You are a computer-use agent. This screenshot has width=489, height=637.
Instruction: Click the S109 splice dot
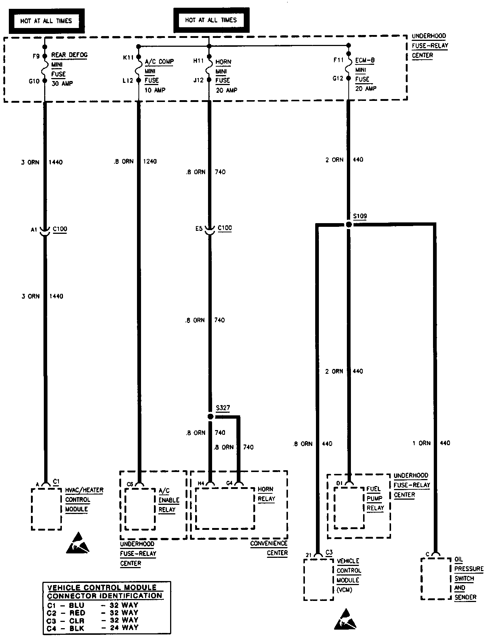pos(349,224)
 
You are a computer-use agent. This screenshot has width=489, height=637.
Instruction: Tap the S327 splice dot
pos(210,416)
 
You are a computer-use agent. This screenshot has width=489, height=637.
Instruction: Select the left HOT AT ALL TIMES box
pos(46,21)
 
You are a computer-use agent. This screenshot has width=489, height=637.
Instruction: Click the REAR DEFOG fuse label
pos(69,55)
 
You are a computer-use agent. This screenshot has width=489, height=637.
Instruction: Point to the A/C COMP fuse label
pos(159,61)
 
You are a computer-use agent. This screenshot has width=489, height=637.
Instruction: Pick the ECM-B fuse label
pos(365,60)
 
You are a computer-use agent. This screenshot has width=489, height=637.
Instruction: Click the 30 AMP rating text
pos(62,84)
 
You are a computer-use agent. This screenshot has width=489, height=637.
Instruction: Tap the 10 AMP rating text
pos(155,90)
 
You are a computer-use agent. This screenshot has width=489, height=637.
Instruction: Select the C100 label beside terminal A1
pos(60,229)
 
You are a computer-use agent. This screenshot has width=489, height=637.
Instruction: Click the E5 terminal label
pos(199,229)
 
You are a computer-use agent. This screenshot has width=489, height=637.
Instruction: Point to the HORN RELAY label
pos(266,494)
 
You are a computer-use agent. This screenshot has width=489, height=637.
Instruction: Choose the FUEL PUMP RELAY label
pos(375,498)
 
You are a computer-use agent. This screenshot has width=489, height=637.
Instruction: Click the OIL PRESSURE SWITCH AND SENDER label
pos(468,578)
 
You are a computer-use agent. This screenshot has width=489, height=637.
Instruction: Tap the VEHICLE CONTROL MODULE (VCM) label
pos(349,575)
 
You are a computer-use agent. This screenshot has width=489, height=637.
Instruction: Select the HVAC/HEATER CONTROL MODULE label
pos(84,500)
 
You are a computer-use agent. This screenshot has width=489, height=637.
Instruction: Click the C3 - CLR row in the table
pos(92,620)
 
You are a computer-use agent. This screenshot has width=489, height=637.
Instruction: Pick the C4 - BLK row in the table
pos(92,628)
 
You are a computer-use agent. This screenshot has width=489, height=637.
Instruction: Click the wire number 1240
pos(150,161)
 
